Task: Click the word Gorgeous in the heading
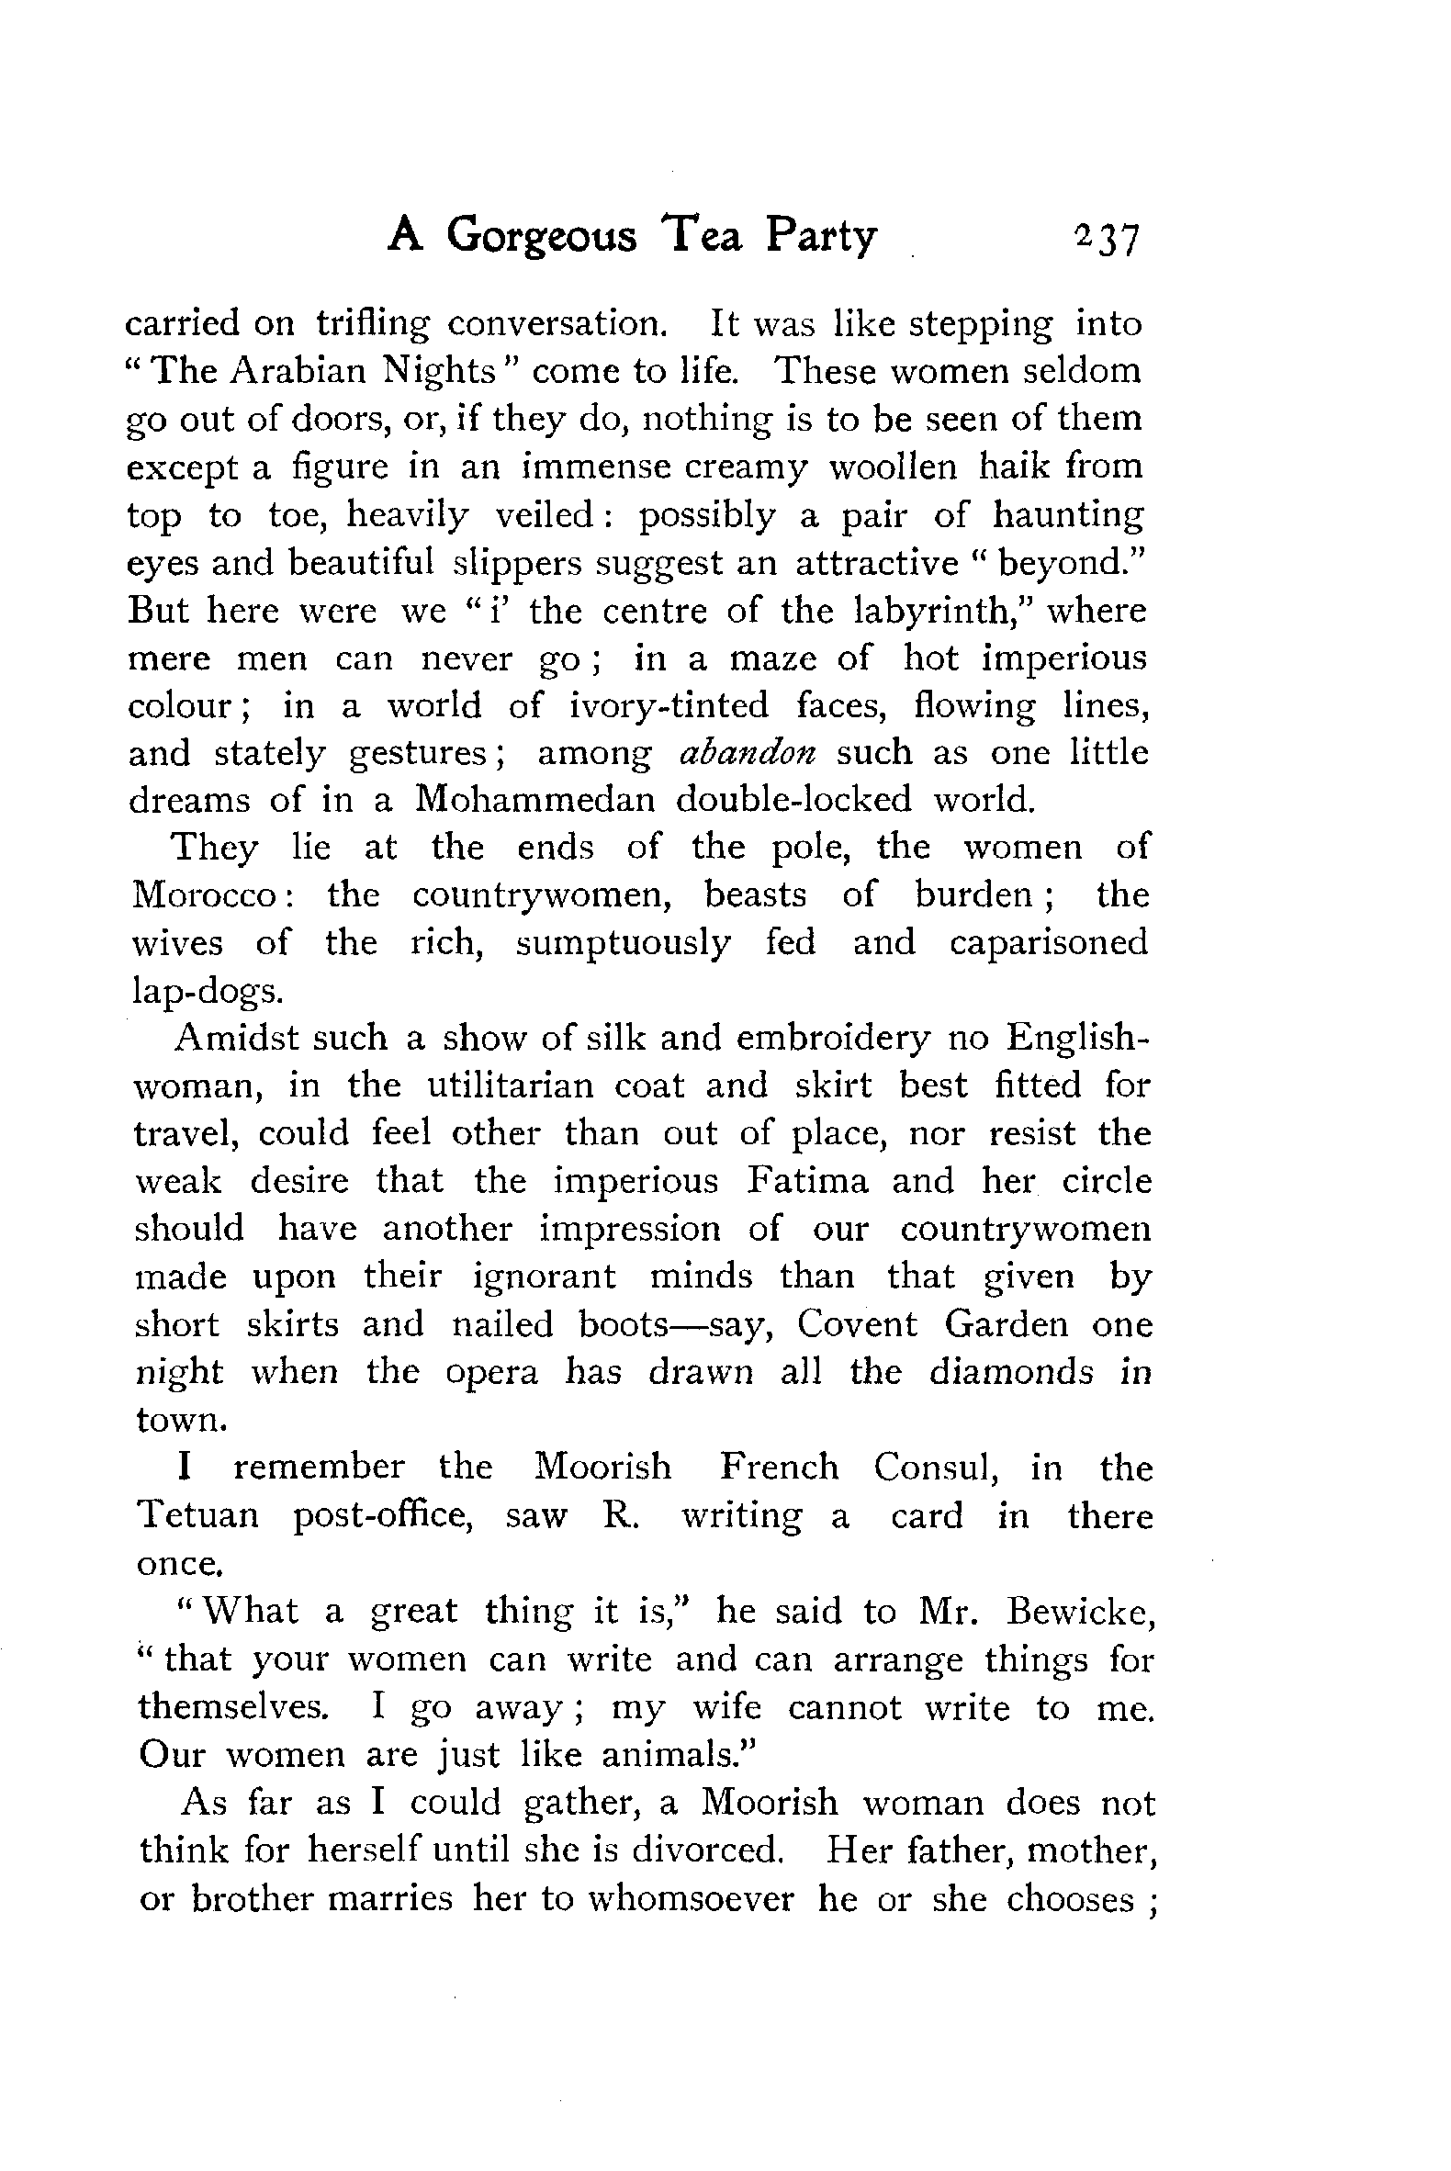(x=541, y=237)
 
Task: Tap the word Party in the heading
(x=820, y=237)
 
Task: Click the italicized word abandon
(x=747, y=752)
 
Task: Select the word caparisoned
(x=1048, y=942)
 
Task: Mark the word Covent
(x=857, y=1324)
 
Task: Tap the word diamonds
(x=1011, y=1371)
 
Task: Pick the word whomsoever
(x=692, y=1898)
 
